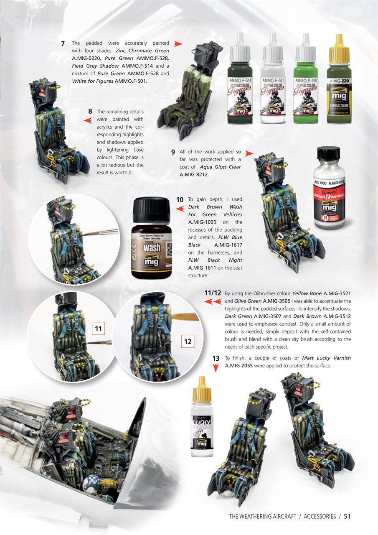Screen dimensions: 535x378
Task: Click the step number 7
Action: [63, 43]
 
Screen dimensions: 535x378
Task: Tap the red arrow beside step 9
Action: [249, 153]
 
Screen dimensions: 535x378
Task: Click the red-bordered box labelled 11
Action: [99, 329]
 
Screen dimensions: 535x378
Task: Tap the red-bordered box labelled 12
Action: [188, 342]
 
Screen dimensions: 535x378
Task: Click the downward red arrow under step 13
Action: [216, 368]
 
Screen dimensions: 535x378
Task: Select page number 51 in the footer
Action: [347, 516]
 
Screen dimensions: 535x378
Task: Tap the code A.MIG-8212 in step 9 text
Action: [194, 174]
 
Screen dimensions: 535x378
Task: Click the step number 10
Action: [180, 200]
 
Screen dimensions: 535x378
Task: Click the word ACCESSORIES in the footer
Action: [320, 516]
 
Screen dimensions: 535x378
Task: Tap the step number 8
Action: [90, 112]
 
